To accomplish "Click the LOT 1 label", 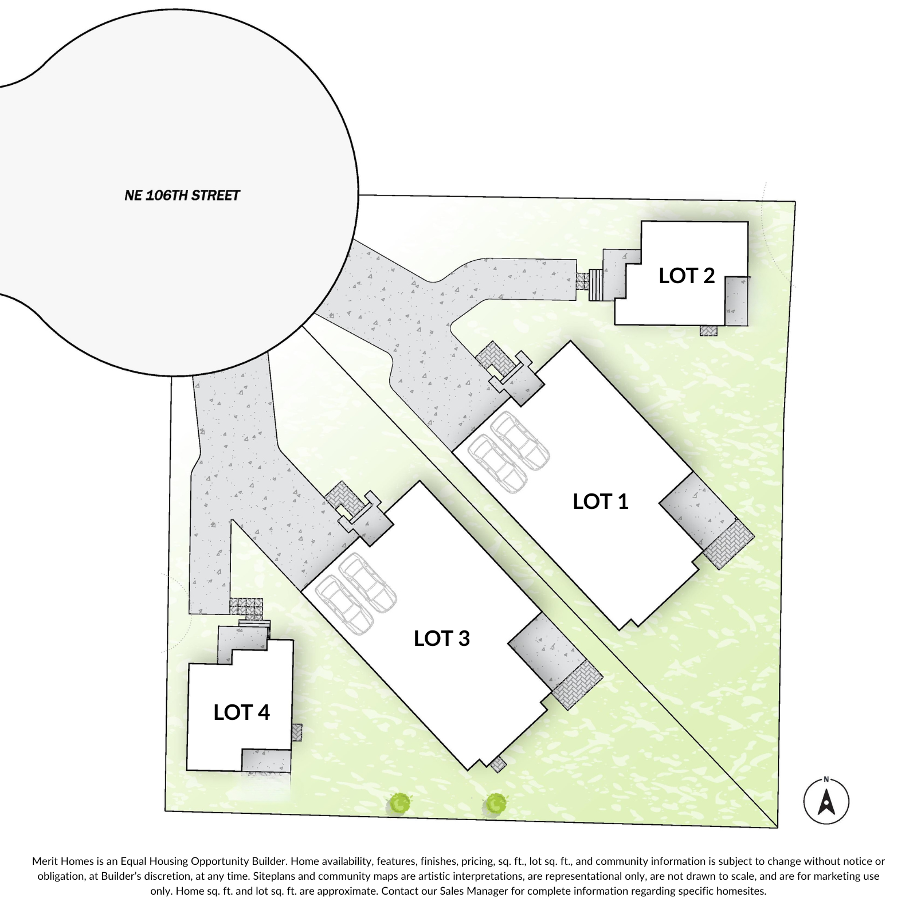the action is click(x=601, y=501).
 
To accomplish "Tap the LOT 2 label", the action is click(x=687, y=276).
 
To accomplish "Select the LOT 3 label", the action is click(x=441, y=638).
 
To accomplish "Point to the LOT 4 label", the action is click(x=241, y=712).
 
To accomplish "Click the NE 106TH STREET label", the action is click(x=182, y=195).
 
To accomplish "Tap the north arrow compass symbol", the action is click(x=826, y=801).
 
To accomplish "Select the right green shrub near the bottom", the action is click(x=496, y=804).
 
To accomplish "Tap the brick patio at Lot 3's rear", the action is click(x=578, y=685).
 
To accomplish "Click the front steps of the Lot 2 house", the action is click(x=597, y=285).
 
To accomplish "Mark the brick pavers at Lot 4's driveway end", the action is click(x=246, y=607).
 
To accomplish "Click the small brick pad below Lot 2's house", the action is click(x=708, y=331).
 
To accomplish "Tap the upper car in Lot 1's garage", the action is click(x=520, y=440).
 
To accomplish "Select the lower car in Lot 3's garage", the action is click(x=343, y=605).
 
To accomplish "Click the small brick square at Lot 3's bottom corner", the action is click(x=499, y=764).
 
